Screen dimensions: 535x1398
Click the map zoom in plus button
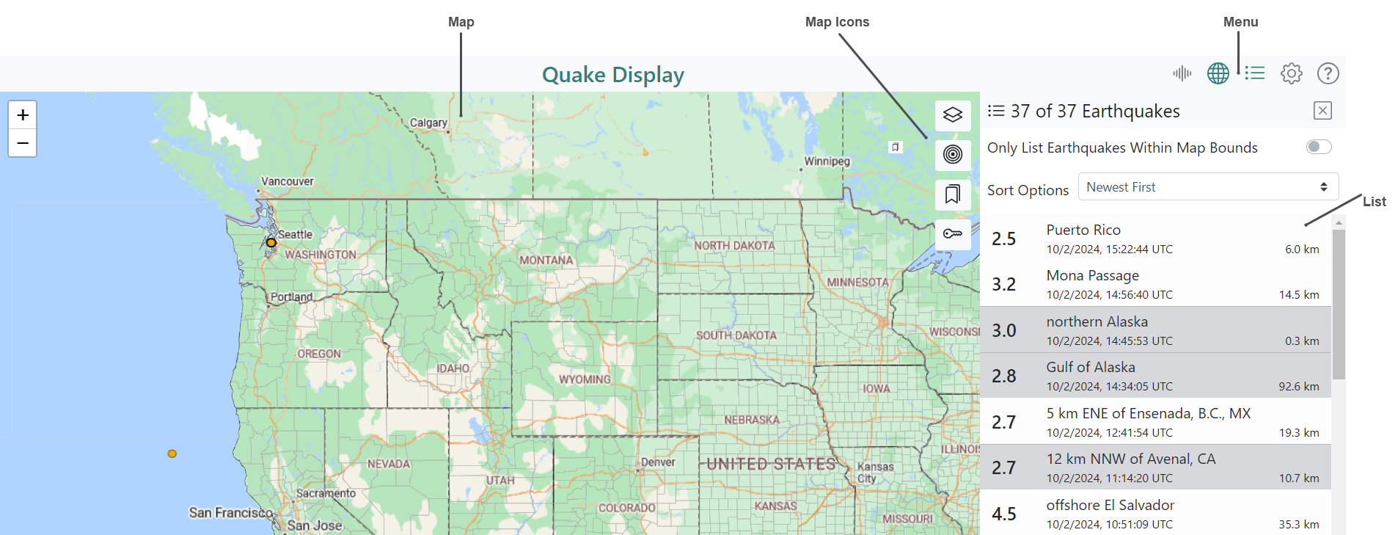point(23,115)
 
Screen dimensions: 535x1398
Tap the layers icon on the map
point(953,115)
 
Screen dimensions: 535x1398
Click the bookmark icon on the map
point(953,194)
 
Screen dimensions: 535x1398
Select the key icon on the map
point(953,234)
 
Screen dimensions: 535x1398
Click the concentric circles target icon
point(953,155)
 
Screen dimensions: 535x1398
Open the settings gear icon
point(1291,73)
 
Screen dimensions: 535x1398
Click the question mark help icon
point(1328,73)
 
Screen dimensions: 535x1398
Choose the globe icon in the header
point(1218,73)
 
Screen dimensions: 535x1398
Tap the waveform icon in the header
point(1182,73)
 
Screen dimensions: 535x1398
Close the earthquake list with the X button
point(1322,111)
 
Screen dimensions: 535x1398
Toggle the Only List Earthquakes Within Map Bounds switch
point(1319,148)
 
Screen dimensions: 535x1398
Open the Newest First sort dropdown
point(1208,187)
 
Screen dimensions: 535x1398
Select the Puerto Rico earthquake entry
point(1155,239)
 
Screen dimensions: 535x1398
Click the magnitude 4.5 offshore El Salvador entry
point(1155,514)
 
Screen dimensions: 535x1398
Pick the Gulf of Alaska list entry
point(1155,376)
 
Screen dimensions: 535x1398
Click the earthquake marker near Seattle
point(271,243)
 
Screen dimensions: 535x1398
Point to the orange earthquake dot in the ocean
point(172,454)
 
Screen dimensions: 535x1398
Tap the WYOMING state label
point(585,379)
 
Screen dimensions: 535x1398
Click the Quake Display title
point(612,75)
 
